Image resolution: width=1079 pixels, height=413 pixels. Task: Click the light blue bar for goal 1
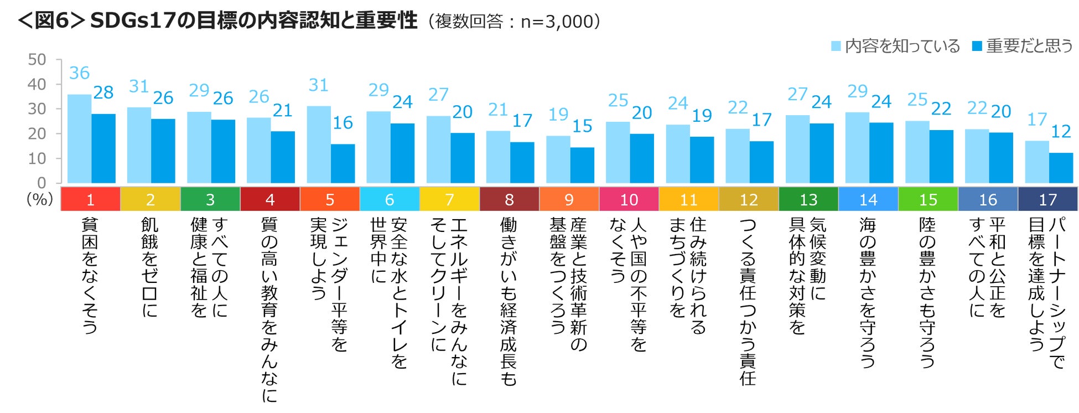(79, 139)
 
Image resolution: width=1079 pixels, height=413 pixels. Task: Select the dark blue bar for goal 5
(343, 164)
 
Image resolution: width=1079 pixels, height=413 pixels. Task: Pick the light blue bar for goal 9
(558, 159)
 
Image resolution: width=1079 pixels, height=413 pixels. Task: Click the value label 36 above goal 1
(79, 73)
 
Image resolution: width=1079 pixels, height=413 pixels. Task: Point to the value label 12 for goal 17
(1061, 132)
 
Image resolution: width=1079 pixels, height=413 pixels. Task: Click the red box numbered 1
(90, 199)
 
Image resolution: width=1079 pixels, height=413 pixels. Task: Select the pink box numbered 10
(629, 199)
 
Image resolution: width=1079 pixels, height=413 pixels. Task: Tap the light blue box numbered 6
(390, 199)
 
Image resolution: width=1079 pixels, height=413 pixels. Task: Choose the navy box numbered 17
(1047, 199)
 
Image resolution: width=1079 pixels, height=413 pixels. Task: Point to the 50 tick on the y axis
(37, 60)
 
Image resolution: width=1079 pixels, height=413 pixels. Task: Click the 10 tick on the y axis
(37, 159)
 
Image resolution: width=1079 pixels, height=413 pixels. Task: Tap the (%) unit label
(40, 199)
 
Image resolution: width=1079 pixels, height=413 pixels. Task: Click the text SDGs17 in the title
(133, 21)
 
